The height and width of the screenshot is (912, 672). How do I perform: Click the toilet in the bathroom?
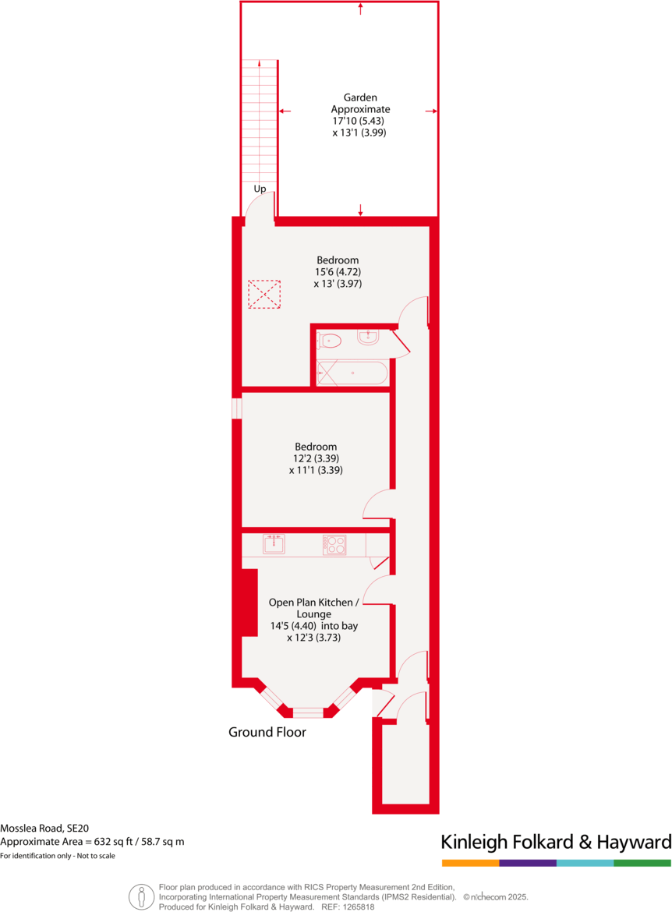[331, 340]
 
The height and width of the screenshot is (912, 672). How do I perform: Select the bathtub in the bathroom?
[352, 373]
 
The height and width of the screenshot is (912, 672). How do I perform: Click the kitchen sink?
[274, 544]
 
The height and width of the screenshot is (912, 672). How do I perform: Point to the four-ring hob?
[334, 545]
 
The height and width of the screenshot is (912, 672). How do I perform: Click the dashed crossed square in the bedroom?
[263, 295]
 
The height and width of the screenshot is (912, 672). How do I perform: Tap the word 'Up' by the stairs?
[260, 189]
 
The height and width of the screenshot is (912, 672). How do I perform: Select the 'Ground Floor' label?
[267, 732]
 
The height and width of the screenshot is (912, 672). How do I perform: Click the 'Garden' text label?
[360, 98]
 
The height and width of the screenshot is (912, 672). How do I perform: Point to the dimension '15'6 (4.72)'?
[338, 272]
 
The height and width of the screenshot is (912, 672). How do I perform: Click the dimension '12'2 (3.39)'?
[315, 458]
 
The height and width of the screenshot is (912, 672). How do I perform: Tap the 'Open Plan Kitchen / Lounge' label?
[314, 608]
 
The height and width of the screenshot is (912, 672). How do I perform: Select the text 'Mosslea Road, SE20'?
[45, 829]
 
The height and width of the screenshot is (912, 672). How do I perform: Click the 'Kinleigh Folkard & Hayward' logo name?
[556, 842]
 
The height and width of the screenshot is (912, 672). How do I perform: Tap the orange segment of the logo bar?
[470, 863]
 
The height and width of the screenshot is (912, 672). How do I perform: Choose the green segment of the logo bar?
[642, 863]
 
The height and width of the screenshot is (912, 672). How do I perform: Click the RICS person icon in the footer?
[141, 896]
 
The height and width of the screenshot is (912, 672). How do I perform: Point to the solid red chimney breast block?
[249, 602]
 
